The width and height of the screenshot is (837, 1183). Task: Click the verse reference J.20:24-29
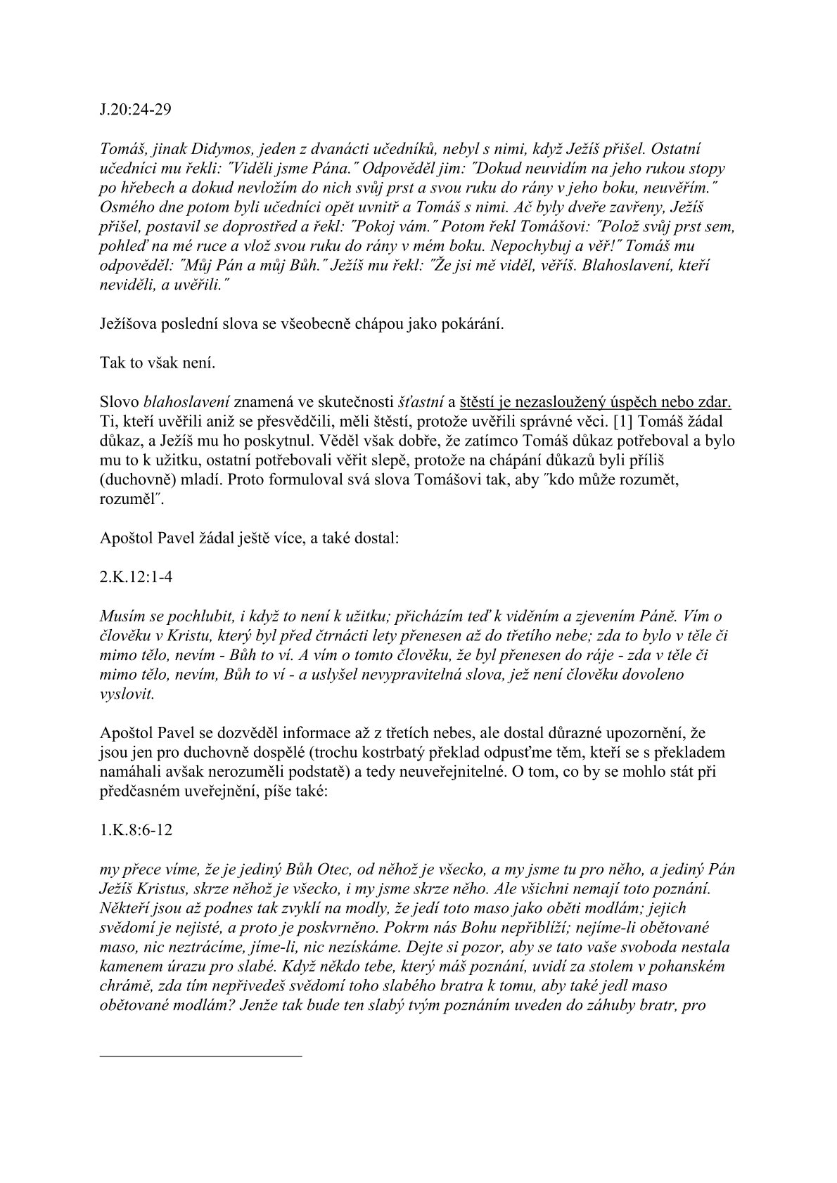tap(136, 110)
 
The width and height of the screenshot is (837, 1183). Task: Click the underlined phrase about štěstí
tap(595, 403)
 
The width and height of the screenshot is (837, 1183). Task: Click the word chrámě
tap(122, 985)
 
